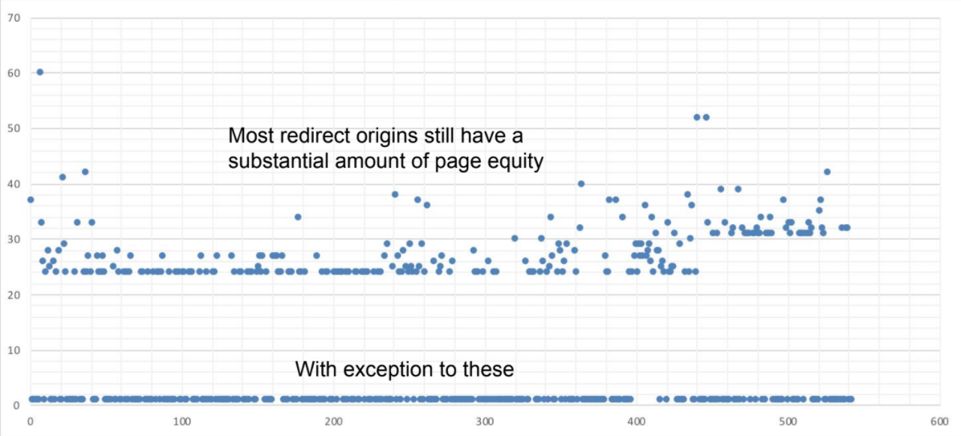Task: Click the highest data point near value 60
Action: [x=39, y=72]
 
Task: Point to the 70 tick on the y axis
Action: [x=13, y=17]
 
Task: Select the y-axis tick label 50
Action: [x=13, y=128]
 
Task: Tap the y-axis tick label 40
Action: [x=13, y=184]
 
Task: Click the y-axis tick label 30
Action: [x=13, y=239]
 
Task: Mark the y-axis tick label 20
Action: [x=13, y=295]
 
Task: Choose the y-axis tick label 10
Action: [x=13, y=350]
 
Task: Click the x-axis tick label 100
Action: [x=181, y=421]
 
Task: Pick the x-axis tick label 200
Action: [x=333, y=421]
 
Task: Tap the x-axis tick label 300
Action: [x=485, y=421]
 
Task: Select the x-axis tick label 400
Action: [x=637, y=421]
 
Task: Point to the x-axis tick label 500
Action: [x=788, y=421]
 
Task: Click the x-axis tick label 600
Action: [x=939, y=421]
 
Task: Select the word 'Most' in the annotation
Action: [x=249, y=135]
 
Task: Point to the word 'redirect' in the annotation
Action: [x=308, y=135]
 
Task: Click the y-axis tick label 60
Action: [x=13, y=72]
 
